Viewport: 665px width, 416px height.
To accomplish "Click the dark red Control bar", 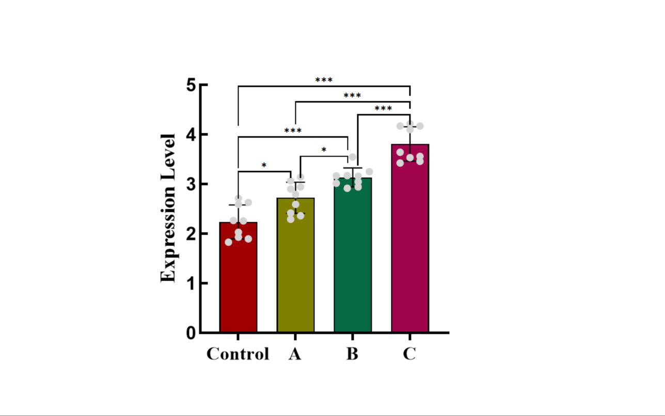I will (238, 279).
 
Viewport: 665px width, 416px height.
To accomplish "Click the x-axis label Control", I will (238, 354).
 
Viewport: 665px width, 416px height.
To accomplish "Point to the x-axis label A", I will (295, 354).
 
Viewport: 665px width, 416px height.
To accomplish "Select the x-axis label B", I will (352, 354).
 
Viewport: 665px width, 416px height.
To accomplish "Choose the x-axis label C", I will (409, 354).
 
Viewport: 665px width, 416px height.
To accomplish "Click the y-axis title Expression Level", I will (168, 208).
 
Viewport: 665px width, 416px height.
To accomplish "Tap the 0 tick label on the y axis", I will (191, 333).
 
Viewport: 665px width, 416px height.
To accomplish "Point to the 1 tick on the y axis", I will (191, 283).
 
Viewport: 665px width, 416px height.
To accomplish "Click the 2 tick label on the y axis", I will (191, 234).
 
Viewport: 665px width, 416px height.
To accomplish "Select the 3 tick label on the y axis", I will (191, 184).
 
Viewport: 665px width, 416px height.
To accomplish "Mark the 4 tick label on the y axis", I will (191, 134).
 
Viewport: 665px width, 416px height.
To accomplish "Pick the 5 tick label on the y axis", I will (191, 85).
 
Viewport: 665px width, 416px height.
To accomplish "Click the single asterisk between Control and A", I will (264, 166).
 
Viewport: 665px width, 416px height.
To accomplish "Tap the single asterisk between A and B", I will (324, 150).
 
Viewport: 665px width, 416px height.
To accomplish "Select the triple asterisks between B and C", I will (383, 109).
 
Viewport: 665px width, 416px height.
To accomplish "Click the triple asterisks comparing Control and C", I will (324, 80).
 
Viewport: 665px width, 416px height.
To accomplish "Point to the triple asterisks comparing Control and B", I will (293, 131).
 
